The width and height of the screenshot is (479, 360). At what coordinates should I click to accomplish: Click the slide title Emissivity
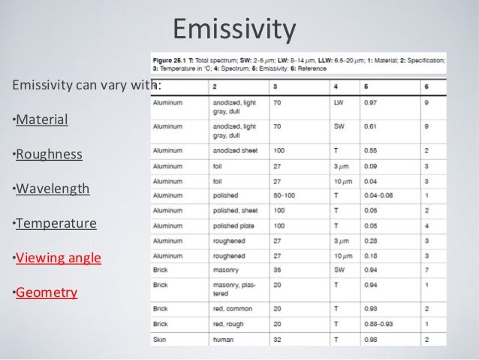pos(234,29)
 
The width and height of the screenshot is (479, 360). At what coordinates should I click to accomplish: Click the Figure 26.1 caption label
pos(171,59)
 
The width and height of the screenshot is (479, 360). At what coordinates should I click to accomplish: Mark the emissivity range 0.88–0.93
pos(381,324)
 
